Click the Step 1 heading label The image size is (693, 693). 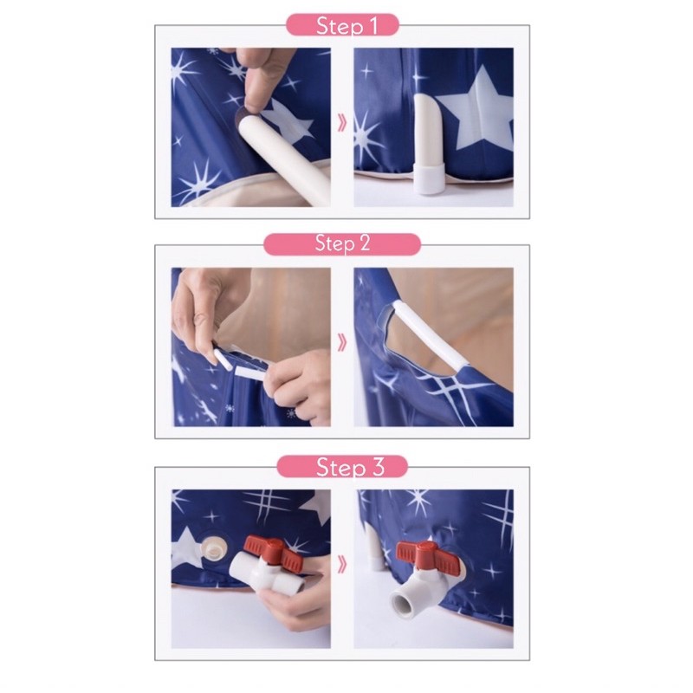click(x=346, y=25)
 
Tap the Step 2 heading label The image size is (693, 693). click(x=342, y=243)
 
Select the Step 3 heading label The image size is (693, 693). click(x=350, y=467)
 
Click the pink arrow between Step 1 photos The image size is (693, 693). click(x=342, y=123)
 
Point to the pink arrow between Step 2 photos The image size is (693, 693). click(x=342, y=342)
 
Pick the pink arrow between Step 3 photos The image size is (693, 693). click(x=342, y=565)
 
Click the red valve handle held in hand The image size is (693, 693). click(x=274, y=553)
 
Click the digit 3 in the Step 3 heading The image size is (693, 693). click(x=378, y=467)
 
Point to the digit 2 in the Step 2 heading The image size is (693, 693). click(x=365, y=243)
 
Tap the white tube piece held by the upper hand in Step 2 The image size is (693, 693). click(x=223, y=357)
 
